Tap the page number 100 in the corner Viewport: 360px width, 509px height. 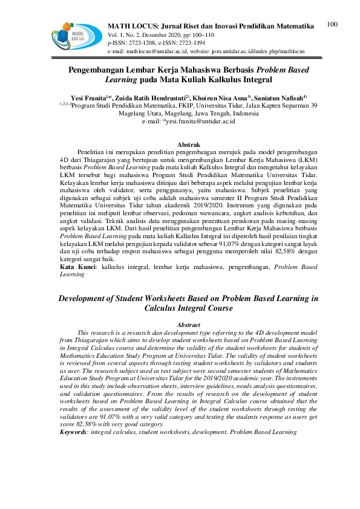(x=331, y=24)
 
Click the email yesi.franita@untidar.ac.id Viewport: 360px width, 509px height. (x=200, y=121)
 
